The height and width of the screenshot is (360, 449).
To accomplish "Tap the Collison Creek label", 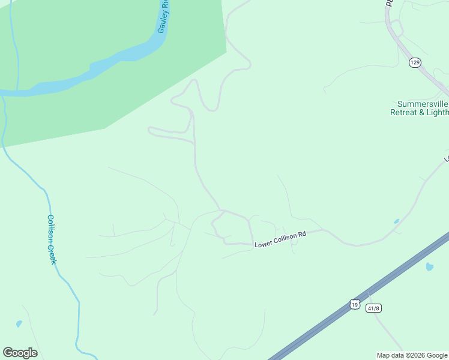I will pos(52,239).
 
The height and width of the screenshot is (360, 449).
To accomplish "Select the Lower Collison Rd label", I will pos(280,239).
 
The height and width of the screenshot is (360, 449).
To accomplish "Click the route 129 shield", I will pos(414,63).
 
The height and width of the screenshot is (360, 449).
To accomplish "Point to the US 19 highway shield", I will pos(355,305).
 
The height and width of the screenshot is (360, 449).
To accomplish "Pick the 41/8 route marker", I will pos(373,308).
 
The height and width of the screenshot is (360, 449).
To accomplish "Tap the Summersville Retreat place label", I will pos(419,108).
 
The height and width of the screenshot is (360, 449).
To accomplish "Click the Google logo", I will pos(20,353).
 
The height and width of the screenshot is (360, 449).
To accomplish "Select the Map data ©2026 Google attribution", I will pos(412,355).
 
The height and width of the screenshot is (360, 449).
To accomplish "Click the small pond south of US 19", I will pos(430,266).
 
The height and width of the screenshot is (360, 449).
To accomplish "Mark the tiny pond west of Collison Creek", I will pos(19,324).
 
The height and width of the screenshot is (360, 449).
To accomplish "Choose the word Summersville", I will pos(423,104).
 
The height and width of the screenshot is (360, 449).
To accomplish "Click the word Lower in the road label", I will pos(264,244).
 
